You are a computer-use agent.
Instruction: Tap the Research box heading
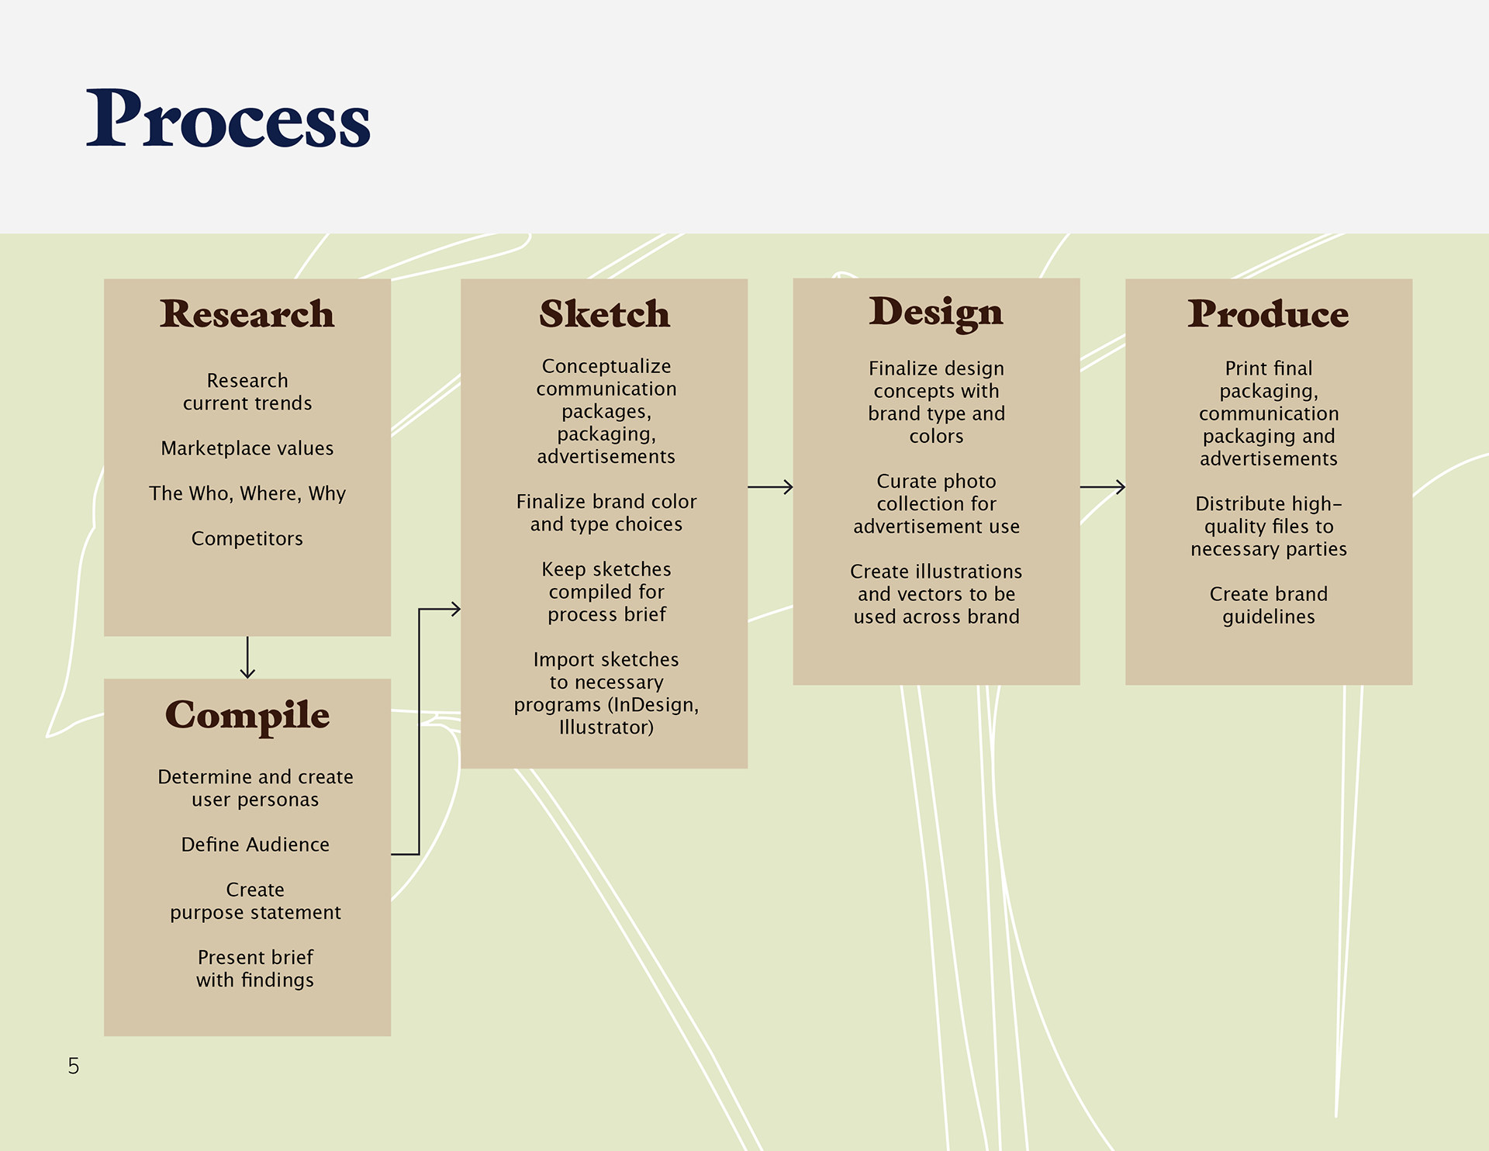pos(247,313)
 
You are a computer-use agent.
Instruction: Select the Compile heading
pos(247,715)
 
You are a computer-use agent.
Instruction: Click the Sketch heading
pos(604,313)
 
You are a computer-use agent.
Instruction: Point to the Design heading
pos(936,313)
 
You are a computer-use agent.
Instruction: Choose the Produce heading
pos(1268,313)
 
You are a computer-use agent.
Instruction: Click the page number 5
pos(74,1066)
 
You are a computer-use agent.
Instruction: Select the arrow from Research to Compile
pos(247,658)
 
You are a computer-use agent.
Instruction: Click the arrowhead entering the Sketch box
pos(456,610)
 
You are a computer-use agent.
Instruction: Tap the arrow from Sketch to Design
pos(770,487)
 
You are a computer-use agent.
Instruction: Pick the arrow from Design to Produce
pos(1102,487)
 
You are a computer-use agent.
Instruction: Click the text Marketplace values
pos(247,448)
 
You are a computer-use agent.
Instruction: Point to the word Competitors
pos(247,539)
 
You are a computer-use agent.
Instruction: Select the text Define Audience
pos(255,845)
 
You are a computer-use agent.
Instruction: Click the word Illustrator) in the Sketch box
pos(606,728)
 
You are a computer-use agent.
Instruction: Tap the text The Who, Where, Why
pos(247,494)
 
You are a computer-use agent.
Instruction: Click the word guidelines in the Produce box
pos(1269,617)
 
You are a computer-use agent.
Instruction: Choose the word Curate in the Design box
pos(904,482)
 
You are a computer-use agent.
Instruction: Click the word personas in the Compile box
pos(281,800)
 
